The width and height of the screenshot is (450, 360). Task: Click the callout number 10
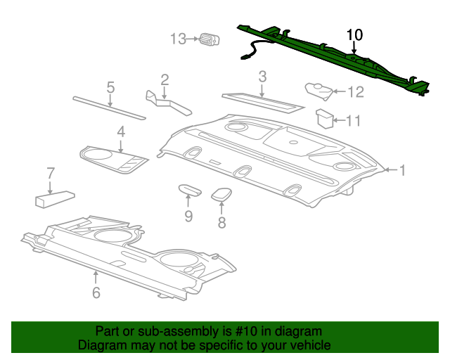point(354,34)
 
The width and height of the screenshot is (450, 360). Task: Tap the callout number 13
point(178,39)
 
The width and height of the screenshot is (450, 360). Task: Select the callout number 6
point(96,292)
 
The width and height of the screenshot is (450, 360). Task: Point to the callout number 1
point(403,170)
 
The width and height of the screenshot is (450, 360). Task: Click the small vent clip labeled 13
point(210,39)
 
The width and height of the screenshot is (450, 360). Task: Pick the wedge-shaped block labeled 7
point(55,198)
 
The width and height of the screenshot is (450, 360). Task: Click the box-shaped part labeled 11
point(325,118)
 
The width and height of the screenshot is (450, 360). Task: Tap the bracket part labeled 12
point(319,90)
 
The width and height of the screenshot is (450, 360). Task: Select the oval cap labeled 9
point(190,190)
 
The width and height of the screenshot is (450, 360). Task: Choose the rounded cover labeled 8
point(221,194)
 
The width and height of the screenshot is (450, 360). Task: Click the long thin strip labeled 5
point(110,108)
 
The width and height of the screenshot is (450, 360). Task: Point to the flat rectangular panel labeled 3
point(263,103)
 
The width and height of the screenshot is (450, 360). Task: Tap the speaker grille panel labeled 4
point(114,160)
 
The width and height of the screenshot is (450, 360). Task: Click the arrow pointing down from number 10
point(354,48)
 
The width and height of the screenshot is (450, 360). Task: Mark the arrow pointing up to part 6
point(96,278)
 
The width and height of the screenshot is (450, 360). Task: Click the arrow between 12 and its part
point(339,91)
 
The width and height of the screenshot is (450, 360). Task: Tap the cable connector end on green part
point(244,57)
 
